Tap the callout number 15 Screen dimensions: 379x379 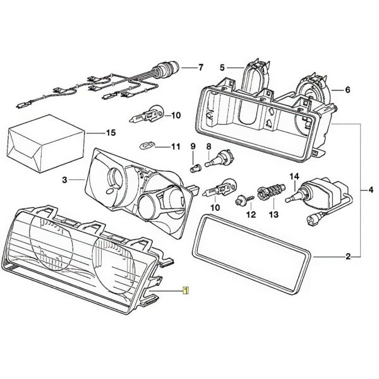[x=111, y=133]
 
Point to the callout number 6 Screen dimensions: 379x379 [x=347, y=90]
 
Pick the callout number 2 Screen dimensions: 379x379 [x=347, y=256]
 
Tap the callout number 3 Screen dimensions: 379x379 [x=64, y=181]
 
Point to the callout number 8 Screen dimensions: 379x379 [x=208, y=147]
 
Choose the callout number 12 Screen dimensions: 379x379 [x=251, y=215]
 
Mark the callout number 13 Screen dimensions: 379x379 [x=274, y=215]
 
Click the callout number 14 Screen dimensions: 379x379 [x=294, y=176]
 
